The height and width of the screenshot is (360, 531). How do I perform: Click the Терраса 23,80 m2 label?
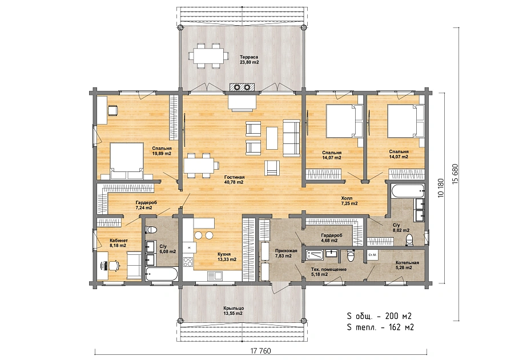[x=250, y=59]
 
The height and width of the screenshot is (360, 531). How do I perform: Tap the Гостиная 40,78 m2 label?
[x=234, y=179]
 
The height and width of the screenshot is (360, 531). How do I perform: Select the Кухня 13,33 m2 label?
[x=227, y=257]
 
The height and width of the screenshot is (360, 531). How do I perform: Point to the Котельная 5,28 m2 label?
[x=407, y=265]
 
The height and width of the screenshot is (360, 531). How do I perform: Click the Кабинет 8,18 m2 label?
[x=119, y=243]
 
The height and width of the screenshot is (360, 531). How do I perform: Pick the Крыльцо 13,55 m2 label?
[x=234, y=310]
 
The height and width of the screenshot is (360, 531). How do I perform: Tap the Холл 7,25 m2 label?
[x=349, y=201]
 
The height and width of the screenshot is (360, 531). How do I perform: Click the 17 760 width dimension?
[x=260, y=350]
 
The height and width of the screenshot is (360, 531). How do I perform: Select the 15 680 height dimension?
[x=455, y=174]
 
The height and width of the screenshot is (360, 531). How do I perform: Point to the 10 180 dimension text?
[x=441, y=188]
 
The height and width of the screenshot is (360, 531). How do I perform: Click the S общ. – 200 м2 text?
[x=379, y=316]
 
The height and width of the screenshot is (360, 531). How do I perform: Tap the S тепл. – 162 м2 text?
[x=380, y=327]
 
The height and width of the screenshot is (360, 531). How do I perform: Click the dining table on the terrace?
[x=208, y=55]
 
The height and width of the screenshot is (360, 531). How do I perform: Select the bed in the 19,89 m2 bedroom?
[x=126, y=161]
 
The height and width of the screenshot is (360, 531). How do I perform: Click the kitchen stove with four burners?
[x=188, y=262]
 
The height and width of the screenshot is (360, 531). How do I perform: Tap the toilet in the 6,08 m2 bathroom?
[x=151, y=230]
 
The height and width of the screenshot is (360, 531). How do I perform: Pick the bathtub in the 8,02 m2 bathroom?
[x=407, y=191]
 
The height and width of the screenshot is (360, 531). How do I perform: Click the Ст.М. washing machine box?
[x=372, y=255]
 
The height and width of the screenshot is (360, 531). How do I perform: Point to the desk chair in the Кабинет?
[x=114, y=265]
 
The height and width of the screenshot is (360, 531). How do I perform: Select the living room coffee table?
[x=272, y=138]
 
